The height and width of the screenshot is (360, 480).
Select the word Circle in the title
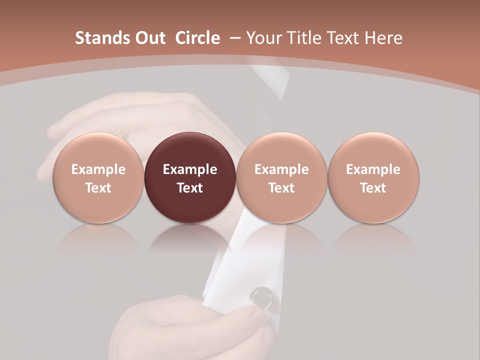coord(198,38)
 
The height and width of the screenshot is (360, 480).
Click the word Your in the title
coord(263,38)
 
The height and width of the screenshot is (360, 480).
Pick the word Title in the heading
coord(304,38)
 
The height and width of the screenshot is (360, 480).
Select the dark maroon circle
coord(190,150)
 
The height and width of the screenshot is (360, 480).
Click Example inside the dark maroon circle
coord(190,169)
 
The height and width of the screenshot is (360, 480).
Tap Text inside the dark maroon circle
coord(190,188)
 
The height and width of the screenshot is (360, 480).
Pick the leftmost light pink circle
coord(98,150)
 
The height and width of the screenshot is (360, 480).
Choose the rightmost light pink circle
coord(373,150)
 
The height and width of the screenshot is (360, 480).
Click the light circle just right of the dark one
coord(281,150)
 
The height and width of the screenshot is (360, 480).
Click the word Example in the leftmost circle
coord(98,169)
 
